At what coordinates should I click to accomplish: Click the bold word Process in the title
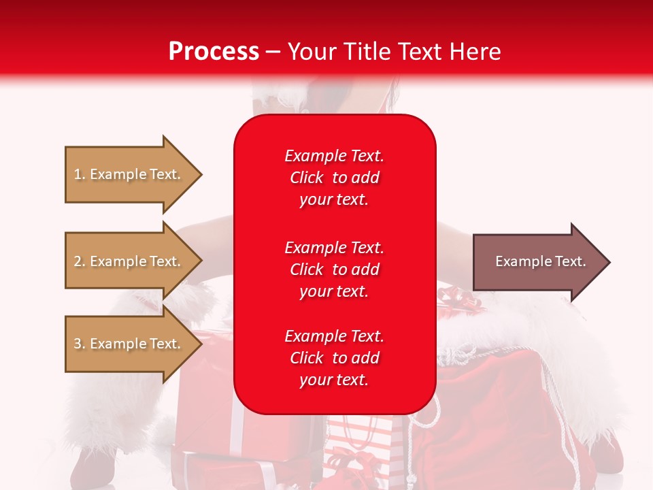pyautogui.click(x=214, y=52)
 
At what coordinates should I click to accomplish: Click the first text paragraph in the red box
pyautogui.click(x=334, y=178)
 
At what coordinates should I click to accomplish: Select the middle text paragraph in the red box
pyautogui.click(x=334, y=269)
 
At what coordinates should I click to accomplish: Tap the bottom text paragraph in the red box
pyautogui.click(x=334, y=358)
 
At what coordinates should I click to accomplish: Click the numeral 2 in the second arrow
pyautogui.click(x=78, y=261)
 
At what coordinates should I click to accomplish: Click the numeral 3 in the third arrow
pyautogui.click(x=78, y=344)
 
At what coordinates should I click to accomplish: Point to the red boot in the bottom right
pyautogui.click(x=605, y=453)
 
